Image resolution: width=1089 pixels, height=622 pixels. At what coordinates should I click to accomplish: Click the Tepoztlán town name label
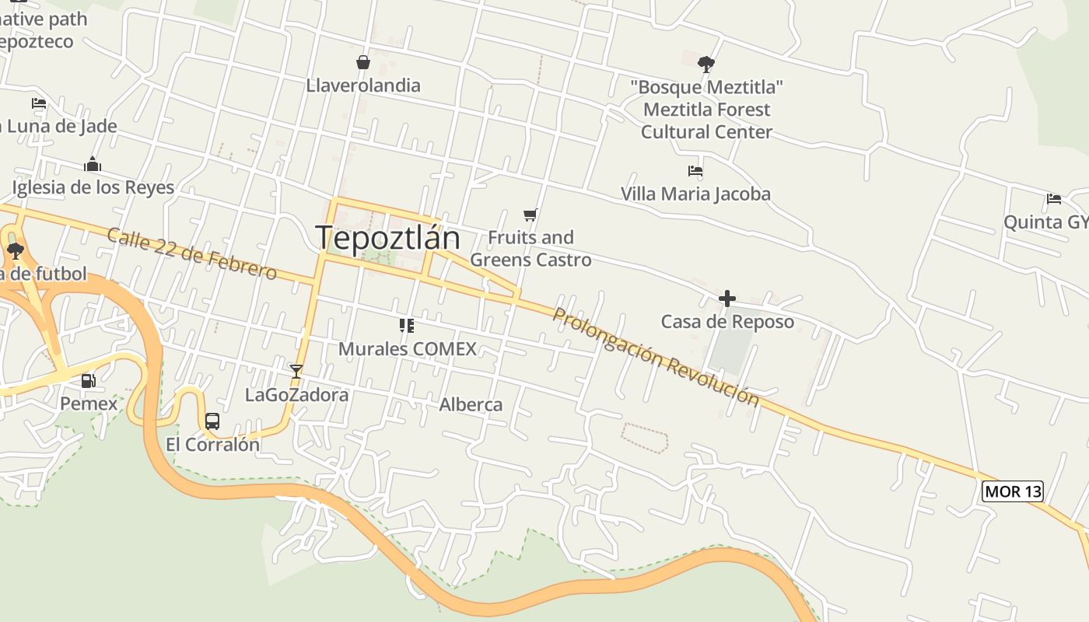pos(387,238)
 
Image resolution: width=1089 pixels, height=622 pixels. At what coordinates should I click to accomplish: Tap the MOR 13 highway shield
pos(1012,491)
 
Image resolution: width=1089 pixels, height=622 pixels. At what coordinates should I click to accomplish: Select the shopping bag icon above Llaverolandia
pos(362,62)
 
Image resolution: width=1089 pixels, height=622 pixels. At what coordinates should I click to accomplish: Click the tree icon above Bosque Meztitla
pos(706,64)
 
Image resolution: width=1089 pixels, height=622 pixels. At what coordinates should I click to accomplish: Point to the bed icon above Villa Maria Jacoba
pos(695,171)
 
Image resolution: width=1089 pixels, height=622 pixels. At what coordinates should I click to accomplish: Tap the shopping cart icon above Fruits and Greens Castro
pos(530,215)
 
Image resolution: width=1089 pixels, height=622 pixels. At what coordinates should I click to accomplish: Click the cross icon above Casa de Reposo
pos(727,299)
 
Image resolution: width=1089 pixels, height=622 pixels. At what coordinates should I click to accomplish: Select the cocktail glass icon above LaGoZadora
pos(296,371)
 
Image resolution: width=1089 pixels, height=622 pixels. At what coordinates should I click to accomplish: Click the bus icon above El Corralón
pos(212,421)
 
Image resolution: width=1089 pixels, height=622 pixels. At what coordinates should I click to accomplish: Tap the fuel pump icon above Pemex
pos(89,381)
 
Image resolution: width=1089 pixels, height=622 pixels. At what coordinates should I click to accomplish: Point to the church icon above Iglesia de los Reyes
pos(93,164)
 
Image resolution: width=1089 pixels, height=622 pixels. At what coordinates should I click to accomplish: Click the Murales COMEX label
pos(407,349)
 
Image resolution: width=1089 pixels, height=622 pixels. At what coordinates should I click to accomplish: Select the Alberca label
pos(471,404)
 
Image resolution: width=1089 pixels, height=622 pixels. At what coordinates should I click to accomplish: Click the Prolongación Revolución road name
pos(655,356)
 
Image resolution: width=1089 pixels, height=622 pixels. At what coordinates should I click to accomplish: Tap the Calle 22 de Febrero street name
pos(191,253)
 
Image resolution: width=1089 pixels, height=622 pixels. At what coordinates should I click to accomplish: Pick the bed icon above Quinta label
pos(1054,199)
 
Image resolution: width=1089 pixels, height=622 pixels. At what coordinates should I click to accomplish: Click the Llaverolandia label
pos(363,86)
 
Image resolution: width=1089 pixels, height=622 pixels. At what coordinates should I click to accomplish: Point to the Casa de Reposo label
pos(727,322)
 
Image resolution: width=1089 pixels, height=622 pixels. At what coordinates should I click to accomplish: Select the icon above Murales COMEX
pos(406,326)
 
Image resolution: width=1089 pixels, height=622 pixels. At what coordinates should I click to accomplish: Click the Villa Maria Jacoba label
pos(695,194)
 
